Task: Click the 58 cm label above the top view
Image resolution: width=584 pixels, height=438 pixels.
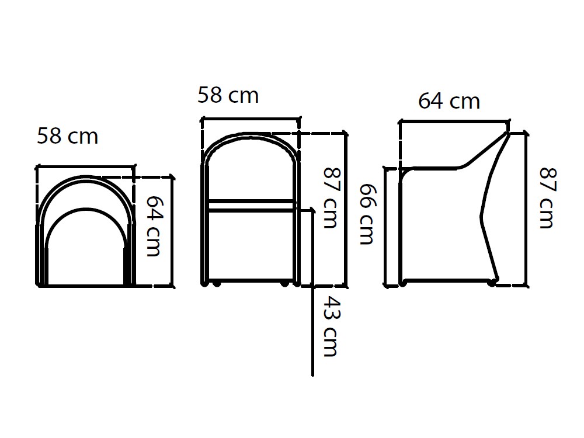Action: [x=68, y=137]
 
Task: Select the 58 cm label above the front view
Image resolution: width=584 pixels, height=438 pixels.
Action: [x=228, y=95]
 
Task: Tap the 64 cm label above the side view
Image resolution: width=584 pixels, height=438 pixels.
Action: [x=449, y=101]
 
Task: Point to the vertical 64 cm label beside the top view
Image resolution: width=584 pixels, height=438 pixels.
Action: [x=153, y=225]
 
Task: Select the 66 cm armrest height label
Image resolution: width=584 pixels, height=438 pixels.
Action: [x=366, y=214]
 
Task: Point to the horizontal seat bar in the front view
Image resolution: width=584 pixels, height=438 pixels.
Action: [x=251, y=203]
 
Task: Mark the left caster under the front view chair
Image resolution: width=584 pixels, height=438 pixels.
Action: [x=217, y=284]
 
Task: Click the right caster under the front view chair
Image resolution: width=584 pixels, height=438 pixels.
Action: [x=284, y=284]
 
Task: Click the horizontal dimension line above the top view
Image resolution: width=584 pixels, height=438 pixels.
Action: [x=86, y=166]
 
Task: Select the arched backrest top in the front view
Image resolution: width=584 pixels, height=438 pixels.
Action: [x=250, y=136]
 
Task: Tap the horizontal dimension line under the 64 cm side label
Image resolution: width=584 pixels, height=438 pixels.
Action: [x=454, y=121]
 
